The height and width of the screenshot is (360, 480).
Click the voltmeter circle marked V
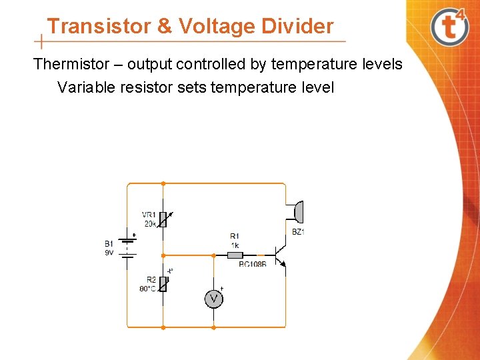click(213, 299)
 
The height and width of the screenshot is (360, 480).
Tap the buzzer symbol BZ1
click(299, 212)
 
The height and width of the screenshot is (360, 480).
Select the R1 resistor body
click(235, 255)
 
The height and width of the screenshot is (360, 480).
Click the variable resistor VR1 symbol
click(163, 219)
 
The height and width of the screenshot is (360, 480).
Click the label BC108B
click(252, 265)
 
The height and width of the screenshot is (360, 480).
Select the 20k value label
click(150, 223)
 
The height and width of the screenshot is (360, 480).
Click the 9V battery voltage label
click(109, 253)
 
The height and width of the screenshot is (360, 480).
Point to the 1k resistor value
click(235, 245)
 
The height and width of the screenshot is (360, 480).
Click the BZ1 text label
click(298, 231)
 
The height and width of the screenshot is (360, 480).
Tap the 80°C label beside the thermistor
click(147, 289)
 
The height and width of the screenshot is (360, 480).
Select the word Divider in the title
click(297, 26)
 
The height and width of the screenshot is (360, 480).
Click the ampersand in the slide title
click(164, 26)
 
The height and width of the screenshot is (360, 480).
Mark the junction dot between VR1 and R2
click(163, 255)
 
